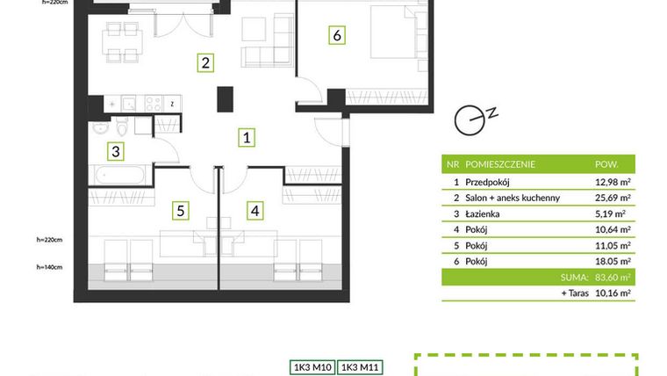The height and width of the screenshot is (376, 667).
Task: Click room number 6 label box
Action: pos(337,36)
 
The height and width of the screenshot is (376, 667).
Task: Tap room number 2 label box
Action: pos(204,62)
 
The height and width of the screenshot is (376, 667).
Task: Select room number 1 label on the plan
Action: pos(248,137)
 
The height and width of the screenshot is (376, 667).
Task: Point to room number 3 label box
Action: pos(115,151)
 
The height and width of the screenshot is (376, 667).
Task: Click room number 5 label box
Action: pos(180,210)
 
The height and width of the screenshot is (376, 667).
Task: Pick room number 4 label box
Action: pos(255,210)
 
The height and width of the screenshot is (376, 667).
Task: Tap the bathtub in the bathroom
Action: pos(121,174)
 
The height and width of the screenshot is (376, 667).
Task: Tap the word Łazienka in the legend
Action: pos(484,213)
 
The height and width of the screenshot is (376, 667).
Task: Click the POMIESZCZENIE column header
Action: pos(500,164)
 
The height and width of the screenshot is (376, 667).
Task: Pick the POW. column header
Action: pos(606,164)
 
